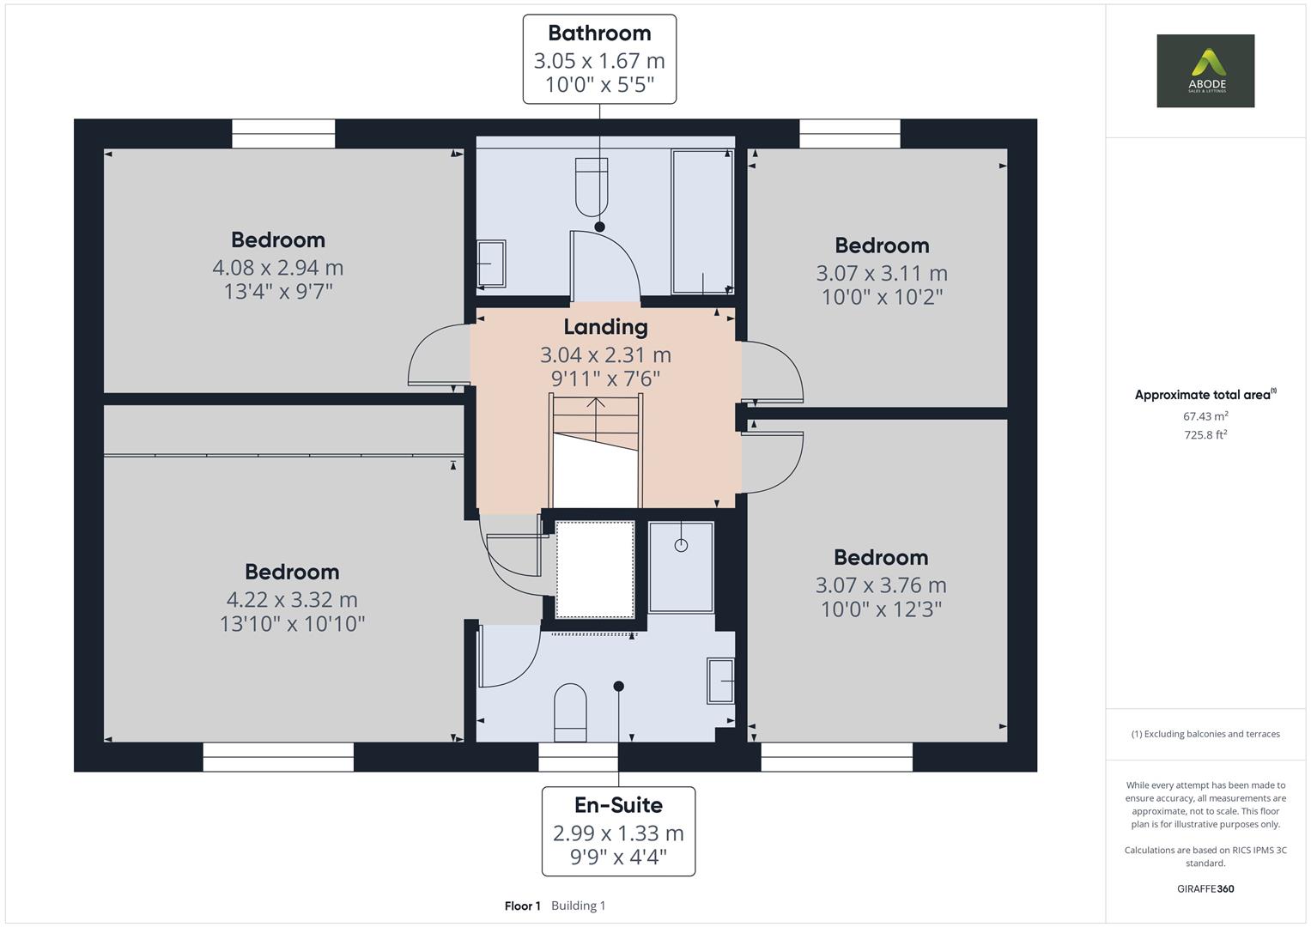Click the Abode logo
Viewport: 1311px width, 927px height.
pos(1205,70)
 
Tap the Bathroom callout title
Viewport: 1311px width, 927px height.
pos(599,33)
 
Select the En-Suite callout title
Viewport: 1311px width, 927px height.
pos(618,805)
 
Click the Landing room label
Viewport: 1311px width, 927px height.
pos(605,327)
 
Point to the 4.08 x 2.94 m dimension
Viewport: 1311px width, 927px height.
pos(277,268)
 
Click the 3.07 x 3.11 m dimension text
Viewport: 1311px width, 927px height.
pos(881,273)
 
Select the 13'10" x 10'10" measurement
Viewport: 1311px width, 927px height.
pos(292,624)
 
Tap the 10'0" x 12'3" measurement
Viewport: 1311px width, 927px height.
pos(881,609)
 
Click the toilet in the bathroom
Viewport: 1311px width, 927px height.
pos(591,186)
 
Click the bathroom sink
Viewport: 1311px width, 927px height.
pos(491,264)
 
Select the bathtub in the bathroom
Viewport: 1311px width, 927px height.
pos(701,222)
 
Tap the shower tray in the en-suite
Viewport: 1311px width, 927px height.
pos(681,566)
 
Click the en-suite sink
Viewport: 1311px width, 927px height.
pos(720,681)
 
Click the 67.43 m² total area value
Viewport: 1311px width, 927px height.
pos(1205,416)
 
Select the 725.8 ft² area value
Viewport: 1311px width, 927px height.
pos(1205,435)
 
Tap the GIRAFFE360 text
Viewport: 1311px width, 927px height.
pos(1205,888)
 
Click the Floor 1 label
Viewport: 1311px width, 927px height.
pos(522,906)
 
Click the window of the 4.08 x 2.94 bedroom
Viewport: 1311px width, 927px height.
pos(283,134)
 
